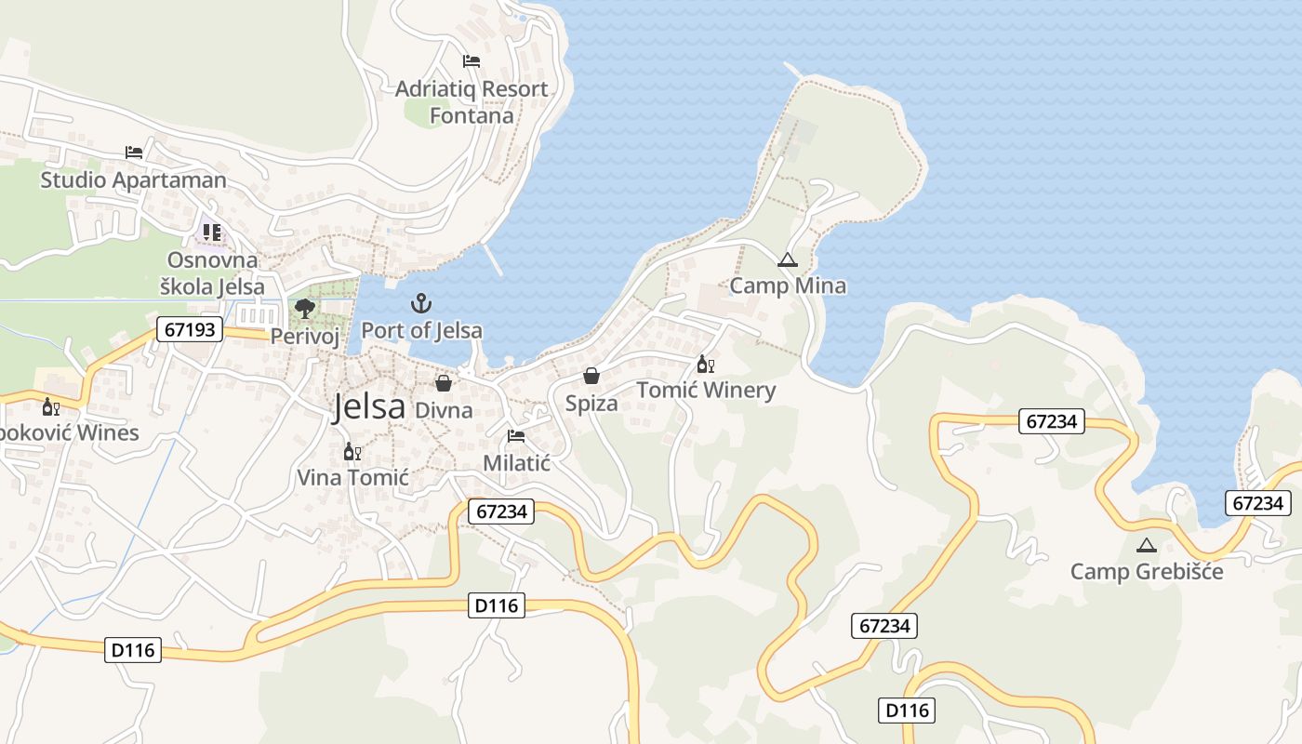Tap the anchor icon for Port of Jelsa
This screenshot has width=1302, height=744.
click(421, 303)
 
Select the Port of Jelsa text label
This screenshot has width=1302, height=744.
click(421, 330)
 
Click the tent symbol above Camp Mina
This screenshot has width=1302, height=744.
click(788, 259)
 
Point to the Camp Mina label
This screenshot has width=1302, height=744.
click(788, 286)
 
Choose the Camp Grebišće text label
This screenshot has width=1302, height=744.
click(1146, 571)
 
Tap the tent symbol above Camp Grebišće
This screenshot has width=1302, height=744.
click(1146, 545)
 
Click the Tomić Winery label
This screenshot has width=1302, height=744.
click(706, 390)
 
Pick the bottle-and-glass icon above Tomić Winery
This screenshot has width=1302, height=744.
click(706, 364)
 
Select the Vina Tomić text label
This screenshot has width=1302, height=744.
click(352, 478)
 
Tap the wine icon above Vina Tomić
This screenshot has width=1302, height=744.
click(352, 452)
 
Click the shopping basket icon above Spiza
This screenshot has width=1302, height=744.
click(591, 376)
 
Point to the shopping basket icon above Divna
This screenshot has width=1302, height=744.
click(444, 382)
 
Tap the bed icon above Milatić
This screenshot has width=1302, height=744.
click(516, 436)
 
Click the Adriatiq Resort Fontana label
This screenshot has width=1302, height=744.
click(472, 102)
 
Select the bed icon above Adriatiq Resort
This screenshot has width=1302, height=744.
click(472, 61)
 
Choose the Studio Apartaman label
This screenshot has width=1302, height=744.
click(133, 179)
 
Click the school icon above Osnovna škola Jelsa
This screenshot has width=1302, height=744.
click(212, 232)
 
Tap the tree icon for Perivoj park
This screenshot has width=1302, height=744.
click(304, 309)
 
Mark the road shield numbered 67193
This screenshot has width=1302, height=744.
click(190, 329)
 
